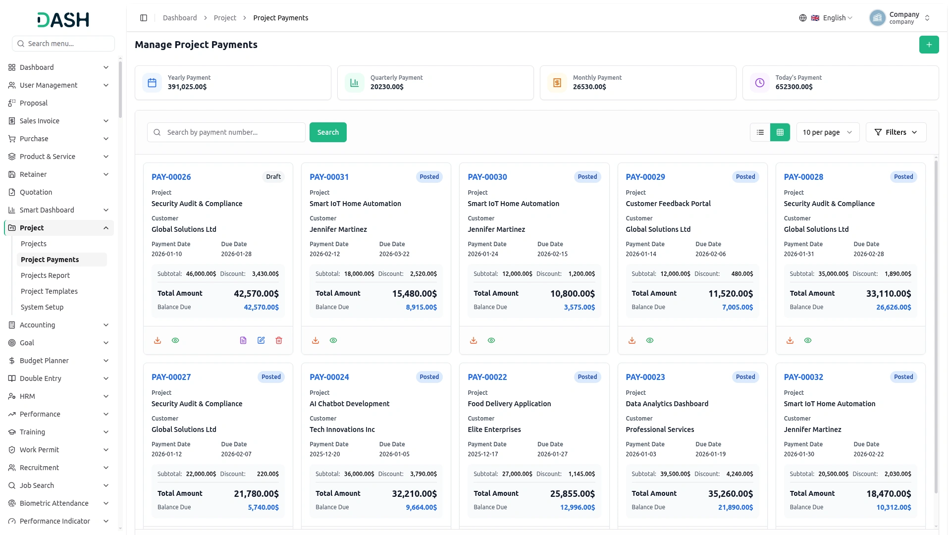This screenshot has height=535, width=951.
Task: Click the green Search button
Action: point(328,132)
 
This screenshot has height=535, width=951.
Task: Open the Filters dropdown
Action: point(896,132)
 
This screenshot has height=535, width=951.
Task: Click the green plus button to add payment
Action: point(929,45)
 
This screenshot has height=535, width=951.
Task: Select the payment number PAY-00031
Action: point(329,177)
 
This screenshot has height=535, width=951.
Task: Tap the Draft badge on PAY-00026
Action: point(273,177)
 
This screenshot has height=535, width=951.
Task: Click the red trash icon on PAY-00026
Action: point(279,340)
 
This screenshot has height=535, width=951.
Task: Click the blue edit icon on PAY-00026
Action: point(261,340)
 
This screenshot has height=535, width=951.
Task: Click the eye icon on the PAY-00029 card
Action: point(650,340)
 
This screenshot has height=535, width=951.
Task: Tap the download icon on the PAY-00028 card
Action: point(790,340)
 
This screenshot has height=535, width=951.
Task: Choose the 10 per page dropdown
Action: point(828,132)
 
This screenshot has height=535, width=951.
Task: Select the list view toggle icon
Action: point(760,132)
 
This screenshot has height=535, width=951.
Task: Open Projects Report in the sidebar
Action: point(45,275)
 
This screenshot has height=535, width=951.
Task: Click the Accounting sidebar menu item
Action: point(37,325)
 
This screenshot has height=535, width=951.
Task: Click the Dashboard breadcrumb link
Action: point(180,18)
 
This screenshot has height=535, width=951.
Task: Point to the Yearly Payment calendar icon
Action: point(152,83)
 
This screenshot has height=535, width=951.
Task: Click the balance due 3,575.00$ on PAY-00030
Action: point(579,307)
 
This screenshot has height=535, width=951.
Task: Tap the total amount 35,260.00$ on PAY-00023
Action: point(730,494)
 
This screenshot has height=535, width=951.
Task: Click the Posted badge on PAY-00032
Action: point(903,377)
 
